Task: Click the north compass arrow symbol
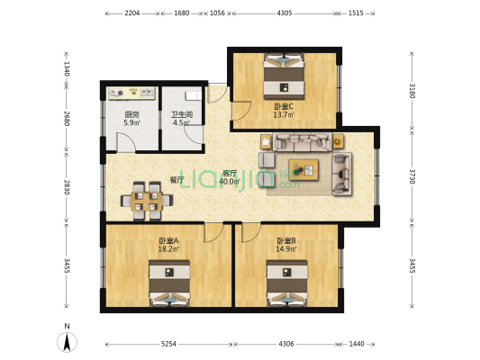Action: (x=68, y=341)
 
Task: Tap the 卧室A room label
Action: (x=168, y=240)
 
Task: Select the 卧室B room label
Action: (x=285, y=240)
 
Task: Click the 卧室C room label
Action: (x=285, y=106)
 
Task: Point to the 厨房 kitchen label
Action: (x=131, y=114)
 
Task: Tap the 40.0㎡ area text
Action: (x=229, y=182)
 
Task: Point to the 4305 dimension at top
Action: (x=285, y=13)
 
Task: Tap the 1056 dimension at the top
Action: (x=217, y=13)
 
